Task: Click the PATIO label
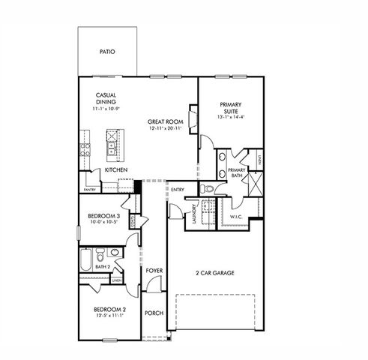tap(109, 52)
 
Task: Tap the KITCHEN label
tap(115, 170)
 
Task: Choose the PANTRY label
tap(89, 190)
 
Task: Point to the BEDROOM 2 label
tap(109, 309)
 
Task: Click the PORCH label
tap(154, 313)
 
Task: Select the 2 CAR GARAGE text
tap(214, 273)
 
